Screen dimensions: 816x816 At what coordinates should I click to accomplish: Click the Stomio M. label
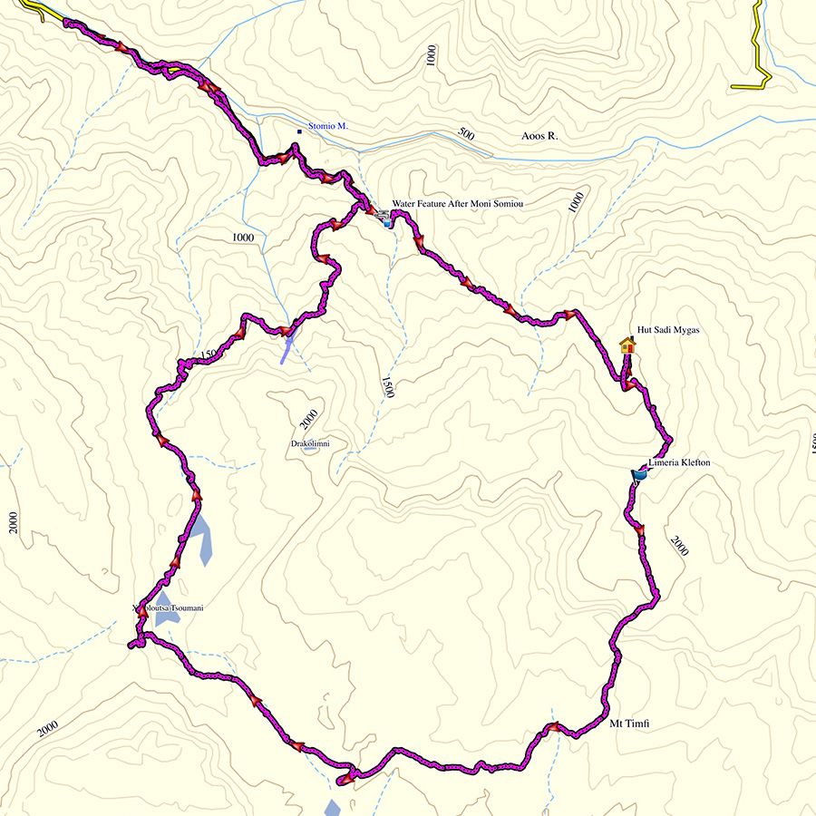pyautogui.click(x=329, y=126)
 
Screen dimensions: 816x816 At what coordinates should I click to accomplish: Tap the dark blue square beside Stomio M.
pyautogui.click(x=299, y=132)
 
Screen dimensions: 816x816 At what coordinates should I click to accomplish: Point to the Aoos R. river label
pyautogui.click(x=539, y=136)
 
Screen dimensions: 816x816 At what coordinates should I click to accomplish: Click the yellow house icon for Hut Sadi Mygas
pyautogui.click(x=627, y=345)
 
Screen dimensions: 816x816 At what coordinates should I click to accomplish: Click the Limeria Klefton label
pyautogui.click(x=679, y=463)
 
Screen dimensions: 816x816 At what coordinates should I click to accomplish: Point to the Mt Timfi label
pyautogui.click(x=630, y=723)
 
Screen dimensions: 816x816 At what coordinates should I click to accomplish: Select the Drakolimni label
pyautogui.click(x=309, y=443)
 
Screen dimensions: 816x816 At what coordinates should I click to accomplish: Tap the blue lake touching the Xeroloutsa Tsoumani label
pyautogui.click(x=167, y=619)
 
